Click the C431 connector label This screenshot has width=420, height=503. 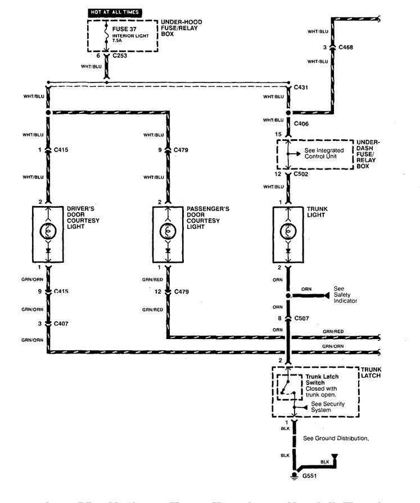coord(302,88)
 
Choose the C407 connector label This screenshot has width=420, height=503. coord(62,324)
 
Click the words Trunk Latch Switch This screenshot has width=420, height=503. coord(322,379)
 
